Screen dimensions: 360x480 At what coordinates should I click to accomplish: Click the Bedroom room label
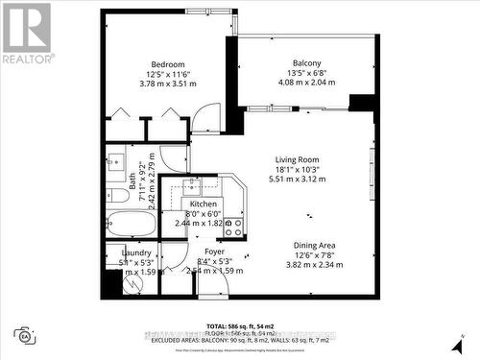click(x=167, y=64)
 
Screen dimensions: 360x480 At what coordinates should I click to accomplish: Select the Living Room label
click(x=296, y=160)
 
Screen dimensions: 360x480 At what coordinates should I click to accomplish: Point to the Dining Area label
click(x=315, y=245)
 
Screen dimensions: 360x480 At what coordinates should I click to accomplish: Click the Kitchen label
click(x=204, y=204)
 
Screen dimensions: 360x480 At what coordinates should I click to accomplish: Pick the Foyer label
click(x=214, y=252)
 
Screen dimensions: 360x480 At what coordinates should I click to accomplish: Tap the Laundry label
click(x=123, y=252)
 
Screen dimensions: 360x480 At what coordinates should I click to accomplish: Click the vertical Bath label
click(x=132, y=180)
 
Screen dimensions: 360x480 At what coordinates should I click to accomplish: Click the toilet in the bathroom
click(x=118, y=196)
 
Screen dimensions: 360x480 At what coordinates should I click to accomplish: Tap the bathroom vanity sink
click(x=115, y=161)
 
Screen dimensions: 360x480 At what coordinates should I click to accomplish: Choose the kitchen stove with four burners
click(x=232, y=227)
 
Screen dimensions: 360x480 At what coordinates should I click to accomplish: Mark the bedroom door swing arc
click(x=205, y=119)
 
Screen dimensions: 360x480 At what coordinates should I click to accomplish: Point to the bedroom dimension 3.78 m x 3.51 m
click(x=167, y=84)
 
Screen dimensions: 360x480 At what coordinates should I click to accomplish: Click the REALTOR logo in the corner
click(x=27, y=35)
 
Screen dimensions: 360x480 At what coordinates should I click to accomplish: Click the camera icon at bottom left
click(x=24, y=335)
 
